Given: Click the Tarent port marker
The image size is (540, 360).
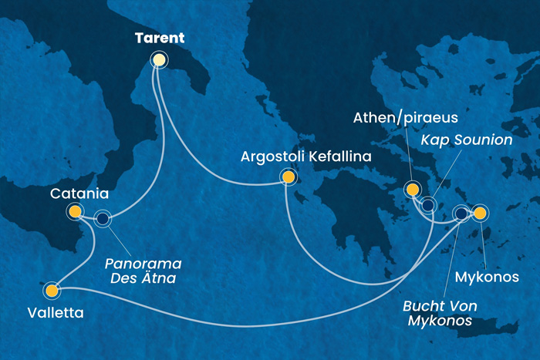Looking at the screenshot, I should [x=159, y=60].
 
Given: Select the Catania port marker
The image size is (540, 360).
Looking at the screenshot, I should [x=75, y=211].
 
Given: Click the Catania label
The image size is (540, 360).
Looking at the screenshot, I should [x=75, y=193].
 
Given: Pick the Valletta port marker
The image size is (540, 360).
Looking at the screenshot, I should [x=52, y=291].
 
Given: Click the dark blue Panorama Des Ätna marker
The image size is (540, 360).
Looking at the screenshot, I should [x=103, y=219].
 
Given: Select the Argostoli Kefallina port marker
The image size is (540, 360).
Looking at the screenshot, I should [x=289, y=177].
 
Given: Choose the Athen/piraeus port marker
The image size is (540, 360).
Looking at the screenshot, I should [x=412, y=190].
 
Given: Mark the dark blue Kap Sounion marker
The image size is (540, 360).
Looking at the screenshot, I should [x=427, y=205].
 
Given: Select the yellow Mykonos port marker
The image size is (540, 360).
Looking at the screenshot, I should [x=480, y=213].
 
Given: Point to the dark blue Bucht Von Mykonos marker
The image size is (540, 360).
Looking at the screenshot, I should [x=461, y=214].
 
